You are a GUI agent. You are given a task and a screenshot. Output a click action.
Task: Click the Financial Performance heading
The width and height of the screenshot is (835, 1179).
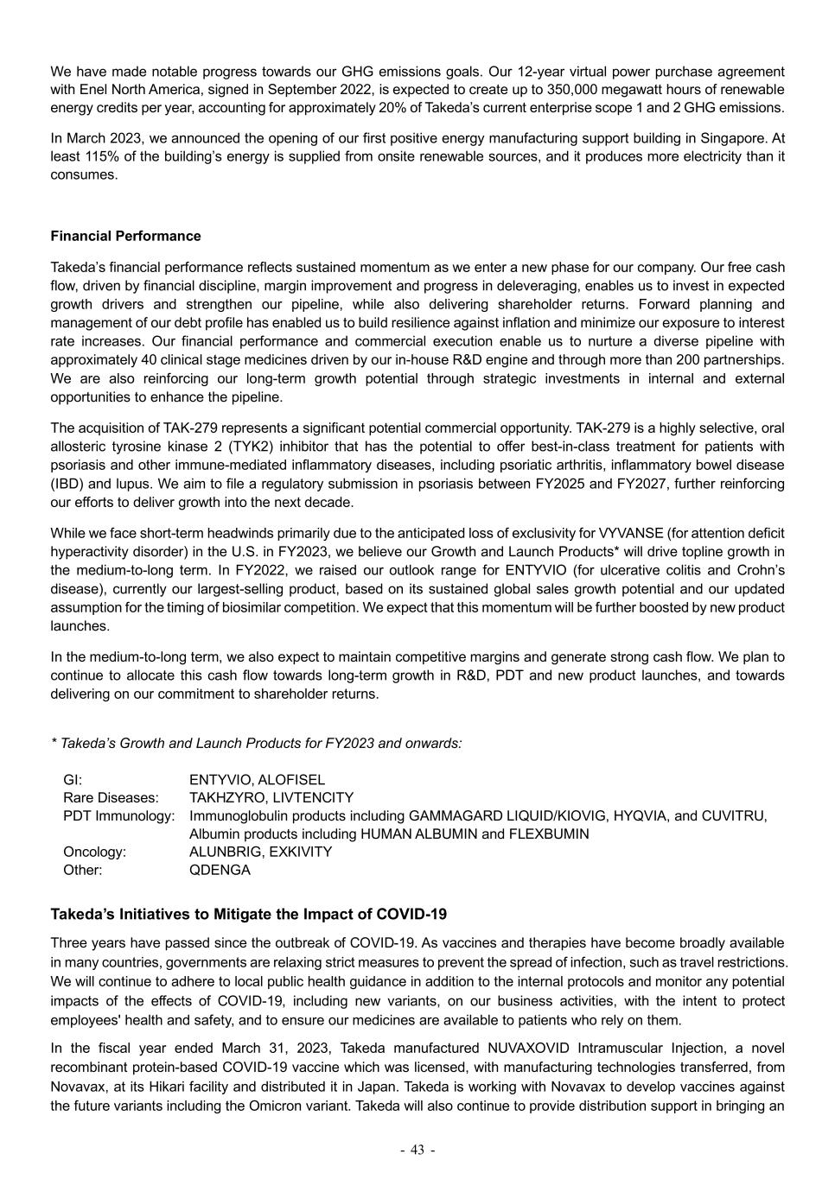(125, 236)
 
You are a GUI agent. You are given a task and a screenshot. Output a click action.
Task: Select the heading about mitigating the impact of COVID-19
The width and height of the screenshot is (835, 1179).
(249, 914)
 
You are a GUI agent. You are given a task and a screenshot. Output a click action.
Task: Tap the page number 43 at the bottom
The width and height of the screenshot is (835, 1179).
(417, 1150)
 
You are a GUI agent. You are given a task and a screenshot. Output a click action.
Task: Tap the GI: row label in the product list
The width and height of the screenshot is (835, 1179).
(73, 779)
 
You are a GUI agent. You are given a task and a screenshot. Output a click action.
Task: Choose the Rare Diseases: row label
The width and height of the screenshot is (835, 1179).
(112, 797)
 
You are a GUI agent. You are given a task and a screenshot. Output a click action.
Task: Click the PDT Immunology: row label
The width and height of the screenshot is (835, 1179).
(119, 815)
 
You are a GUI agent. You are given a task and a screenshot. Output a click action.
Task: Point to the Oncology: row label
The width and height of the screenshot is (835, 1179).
(95, 852)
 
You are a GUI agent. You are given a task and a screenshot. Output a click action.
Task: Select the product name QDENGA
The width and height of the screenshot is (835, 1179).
(220, 870)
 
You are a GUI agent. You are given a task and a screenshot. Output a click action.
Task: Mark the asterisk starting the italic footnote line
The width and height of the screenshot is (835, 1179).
(54, 743)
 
